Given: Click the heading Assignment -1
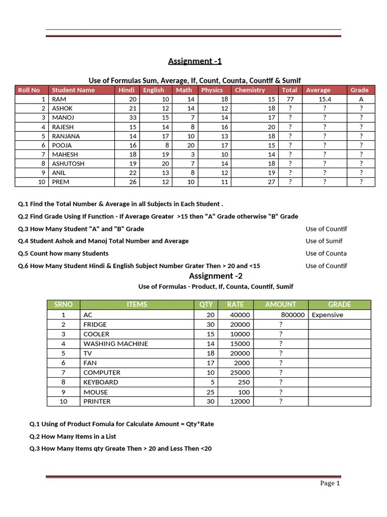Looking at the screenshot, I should [x=195, y=62].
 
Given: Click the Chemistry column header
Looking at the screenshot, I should [x=249, y=90].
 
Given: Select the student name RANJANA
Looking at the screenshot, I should [x=66, y=136].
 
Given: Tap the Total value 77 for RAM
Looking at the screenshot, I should [x=290, y=99].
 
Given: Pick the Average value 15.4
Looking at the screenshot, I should [x=325, y=99].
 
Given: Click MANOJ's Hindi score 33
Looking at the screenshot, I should [x=133, y=118].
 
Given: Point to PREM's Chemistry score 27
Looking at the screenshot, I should [x=271, y=182].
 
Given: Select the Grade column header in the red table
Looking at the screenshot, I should [x=360, y=90].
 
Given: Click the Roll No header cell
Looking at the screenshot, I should [x=29, y=90].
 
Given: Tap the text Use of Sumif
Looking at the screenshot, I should [x=324, y=241].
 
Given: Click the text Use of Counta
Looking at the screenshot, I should [x=326, y=253].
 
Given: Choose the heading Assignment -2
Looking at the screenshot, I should [x=211, y=276].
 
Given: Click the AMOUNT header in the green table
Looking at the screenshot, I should [x=280, y=304].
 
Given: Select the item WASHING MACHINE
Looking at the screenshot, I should [x=115, y=344].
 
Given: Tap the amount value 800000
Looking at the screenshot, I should [x=293, y=315].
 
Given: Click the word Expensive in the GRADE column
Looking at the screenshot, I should [x=327, y=315].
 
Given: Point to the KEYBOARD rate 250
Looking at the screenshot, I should [x=243, y=382].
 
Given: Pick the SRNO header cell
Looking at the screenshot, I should [x=63, y=304].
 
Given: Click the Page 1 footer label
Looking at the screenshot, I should [x=330, y=483].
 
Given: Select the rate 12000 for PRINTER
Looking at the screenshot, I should [x=239, y=401].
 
